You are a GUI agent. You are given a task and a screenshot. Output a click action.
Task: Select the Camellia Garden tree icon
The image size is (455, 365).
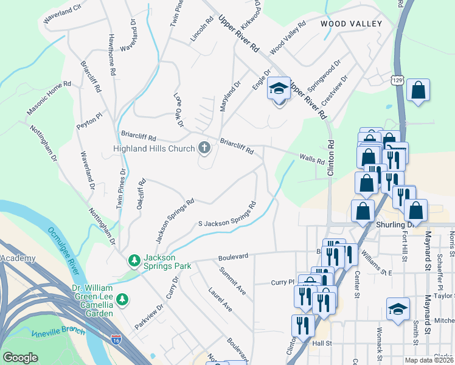tap(122, 299)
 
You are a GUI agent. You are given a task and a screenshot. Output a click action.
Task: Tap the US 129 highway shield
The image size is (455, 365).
tap(397, 80)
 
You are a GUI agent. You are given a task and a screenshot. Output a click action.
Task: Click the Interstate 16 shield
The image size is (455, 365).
tap(116, 338)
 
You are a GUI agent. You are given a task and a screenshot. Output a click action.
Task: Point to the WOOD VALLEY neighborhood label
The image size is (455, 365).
tap(351, 24)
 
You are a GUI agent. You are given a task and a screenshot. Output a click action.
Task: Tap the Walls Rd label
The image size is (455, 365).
tap(312, 159)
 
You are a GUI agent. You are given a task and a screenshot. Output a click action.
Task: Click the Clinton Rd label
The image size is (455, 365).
tap(332, 159)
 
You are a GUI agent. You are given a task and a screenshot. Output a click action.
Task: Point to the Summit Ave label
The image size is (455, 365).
tap(233, 280)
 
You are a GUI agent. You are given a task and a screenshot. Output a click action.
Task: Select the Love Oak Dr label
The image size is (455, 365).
tap(178, 110)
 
